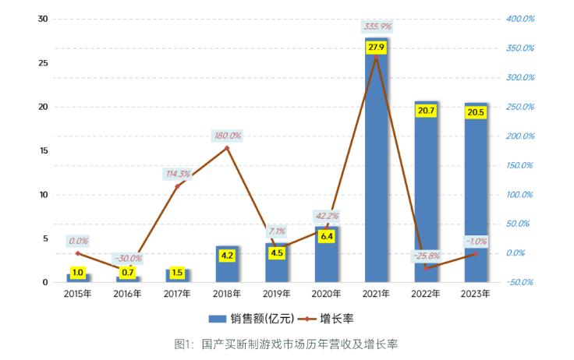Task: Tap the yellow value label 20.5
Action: tap(476, 111)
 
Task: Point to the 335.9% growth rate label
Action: tap(377, 27)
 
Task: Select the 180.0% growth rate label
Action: tap(227, 136)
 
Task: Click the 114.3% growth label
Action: tap(178, 174)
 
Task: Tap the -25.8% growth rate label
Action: tap(427, 255)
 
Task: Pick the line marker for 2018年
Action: tap(227, 148)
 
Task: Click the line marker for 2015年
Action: tap(77, 253)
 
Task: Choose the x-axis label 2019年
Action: tap(277, 294)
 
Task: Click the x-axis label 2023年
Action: tap(476, 294)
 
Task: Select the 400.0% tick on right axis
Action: tap(519, 19)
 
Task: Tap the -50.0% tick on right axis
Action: tap(519, 282)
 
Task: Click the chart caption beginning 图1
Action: tap(286, 344)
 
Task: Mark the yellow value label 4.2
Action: tap(227, 254)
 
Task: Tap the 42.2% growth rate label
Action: tap(326, 216)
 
